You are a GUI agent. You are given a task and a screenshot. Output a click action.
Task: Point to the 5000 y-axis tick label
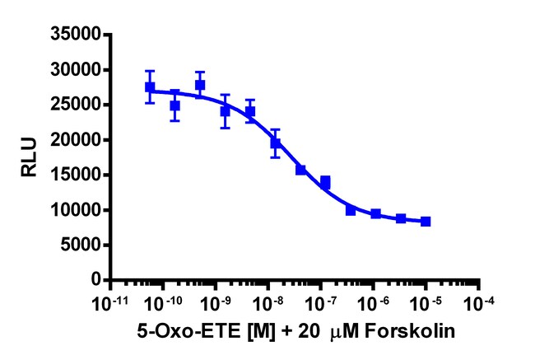pos(82,245)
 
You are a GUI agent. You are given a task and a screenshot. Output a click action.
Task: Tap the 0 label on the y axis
pos(96,280)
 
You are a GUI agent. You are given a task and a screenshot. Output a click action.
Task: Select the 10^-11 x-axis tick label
pos(109,302)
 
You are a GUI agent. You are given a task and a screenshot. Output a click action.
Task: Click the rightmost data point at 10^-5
pos(426,222)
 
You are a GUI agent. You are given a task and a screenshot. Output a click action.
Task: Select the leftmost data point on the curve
pos(150,86)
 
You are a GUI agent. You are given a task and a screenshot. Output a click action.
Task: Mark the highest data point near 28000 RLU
pos(200,85)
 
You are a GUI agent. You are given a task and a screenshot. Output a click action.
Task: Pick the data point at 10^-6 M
pos(375,214)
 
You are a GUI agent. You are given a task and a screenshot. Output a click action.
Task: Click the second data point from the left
pos(174,105)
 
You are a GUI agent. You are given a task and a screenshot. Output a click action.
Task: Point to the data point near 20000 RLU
pos(276,143)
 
